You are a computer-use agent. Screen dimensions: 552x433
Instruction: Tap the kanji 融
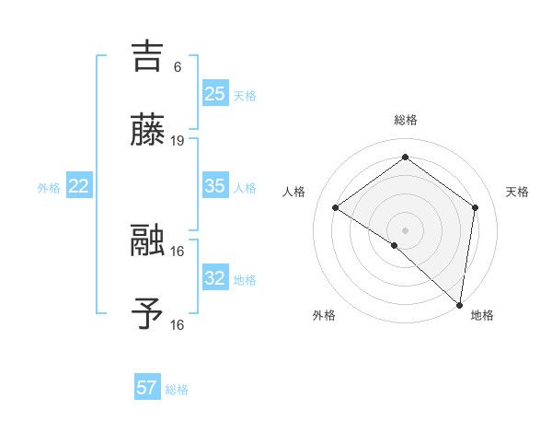coord(148,240)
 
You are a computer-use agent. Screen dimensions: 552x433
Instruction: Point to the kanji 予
coord(148,314)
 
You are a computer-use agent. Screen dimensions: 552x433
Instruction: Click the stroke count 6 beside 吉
coord(178,66)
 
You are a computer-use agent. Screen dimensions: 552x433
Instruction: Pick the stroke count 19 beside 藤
coord(178,141)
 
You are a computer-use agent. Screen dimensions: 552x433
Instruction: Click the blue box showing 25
coord(214,93)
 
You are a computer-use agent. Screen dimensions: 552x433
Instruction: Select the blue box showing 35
coord(214,186)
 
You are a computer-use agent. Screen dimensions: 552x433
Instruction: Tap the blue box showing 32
coord(214,278)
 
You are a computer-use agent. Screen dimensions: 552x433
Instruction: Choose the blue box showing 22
coord(78,186)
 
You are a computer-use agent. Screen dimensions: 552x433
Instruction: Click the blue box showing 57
coord(147,388)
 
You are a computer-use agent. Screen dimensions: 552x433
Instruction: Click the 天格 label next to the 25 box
coord(245,95)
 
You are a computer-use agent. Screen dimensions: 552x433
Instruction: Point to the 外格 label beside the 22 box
coord(49,188)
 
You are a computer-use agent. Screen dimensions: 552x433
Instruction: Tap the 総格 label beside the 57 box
coord(177,390)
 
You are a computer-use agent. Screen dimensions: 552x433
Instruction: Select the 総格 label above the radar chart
coord(406,120)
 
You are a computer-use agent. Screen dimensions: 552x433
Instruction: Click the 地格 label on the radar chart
coord(482,315)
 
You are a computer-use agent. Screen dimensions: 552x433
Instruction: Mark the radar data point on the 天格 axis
coord(476,207)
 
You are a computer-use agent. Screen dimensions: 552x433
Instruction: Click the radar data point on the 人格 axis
coord(336,207)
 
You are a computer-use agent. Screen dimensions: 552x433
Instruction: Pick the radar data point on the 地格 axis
coord(460,305)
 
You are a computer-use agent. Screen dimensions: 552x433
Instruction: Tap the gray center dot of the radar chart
coord(405,229)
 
